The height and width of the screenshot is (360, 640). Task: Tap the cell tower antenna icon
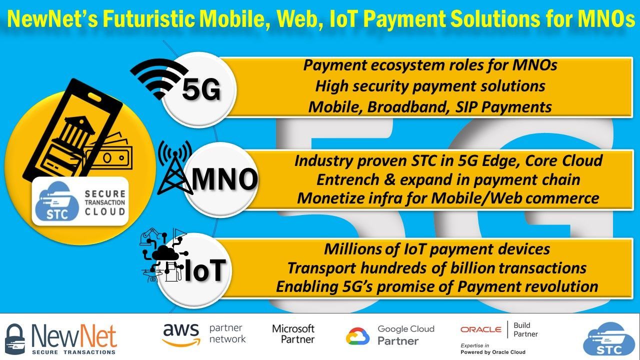174,167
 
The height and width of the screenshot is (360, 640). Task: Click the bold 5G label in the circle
201,90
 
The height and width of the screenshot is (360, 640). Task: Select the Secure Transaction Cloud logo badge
80,201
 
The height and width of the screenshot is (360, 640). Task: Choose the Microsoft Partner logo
293,334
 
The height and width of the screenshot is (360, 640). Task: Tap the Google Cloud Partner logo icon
358,336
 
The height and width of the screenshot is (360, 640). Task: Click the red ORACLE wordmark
480,329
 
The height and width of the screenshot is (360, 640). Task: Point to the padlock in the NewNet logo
14,339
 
